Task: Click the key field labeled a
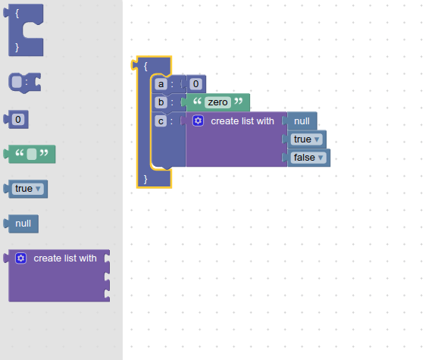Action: point(161,84)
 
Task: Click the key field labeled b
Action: point(161,102)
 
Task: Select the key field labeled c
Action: point(161,121)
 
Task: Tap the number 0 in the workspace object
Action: point(195,84)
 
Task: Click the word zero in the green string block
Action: point(217,102)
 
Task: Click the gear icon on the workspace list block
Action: point(198,121)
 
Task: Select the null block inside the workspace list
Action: point(301,121)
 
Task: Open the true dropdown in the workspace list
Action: point(308,139)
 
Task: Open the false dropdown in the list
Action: point(308,158)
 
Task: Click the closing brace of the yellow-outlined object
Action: point(145,179)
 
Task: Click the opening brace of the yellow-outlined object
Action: point(145,66)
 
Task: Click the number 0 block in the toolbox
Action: point(19,119)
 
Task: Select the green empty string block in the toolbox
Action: point(31,154)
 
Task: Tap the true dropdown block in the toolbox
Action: point(27,189)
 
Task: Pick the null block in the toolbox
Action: point(23,224)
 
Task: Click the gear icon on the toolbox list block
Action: point(21,258)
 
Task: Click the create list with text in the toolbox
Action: point(65,258)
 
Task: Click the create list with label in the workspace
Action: point(242,121)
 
